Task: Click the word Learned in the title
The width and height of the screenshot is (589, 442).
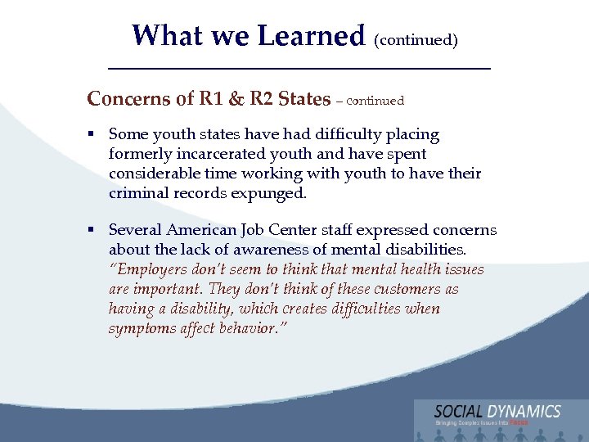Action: pyautogui.click(x=310, y=36)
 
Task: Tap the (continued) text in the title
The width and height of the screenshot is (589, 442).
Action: pyautogui.click(x=416, y=39)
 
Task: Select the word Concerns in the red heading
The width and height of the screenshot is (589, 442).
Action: pyautogui.click(x=128, y=99)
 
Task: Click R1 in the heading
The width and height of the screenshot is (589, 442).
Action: pyautogui.click(x=212, y=99)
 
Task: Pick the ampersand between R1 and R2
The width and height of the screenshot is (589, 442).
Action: pyautogui.click(x=236, y=99)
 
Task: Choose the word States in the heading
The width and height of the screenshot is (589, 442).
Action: pyautogui.click(x=303, y=99)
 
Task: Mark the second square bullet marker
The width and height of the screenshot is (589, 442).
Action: pyautogui.click(x=95, y=231)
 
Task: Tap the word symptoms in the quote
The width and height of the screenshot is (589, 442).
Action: pyautogui.click(x=142, y=328)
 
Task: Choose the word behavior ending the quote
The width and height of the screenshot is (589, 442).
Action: pyautogui.click(x=255, y=328)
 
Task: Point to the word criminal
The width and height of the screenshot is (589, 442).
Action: pyautogui.click(x=137, y=193)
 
